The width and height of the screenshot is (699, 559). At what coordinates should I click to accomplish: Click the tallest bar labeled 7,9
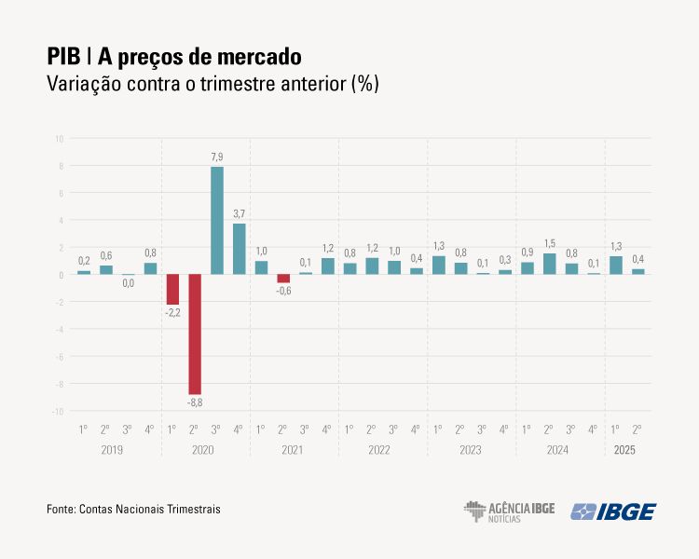point(217,221)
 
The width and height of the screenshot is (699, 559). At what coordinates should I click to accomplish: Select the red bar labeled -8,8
point(195,334)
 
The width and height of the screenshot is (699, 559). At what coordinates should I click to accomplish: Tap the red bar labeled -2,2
point(172,289)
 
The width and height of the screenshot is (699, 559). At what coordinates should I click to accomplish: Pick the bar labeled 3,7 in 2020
point(240,249)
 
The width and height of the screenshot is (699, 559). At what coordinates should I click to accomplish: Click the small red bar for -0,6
point(283,279)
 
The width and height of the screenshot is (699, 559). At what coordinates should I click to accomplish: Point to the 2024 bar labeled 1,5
point(550,264)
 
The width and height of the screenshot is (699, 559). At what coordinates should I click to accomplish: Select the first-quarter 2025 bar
point(616,266)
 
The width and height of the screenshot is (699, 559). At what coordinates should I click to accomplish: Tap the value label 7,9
point(217,157)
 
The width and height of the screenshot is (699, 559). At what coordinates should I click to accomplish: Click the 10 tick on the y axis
point(59,139)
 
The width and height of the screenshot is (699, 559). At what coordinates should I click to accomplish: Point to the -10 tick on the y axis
point(58,411)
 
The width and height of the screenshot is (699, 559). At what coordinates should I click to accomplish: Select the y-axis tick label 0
point(61,275)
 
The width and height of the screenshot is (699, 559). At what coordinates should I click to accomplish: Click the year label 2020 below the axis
point(202,450)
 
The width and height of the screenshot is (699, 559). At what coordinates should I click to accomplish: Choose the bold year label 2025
point(624,450)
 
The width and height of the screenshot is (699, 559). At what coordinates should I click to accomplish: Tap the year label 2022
point(379,450)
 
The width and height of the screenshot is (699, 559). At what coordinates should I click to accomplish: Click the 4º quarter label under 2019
point(150,429)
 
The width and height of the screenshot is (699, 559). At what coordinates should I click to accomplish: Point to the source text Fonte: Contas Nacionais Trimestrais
point(133,510)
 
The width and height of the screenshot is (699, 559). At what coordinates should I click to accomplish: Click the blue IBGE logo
point(613,511)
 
